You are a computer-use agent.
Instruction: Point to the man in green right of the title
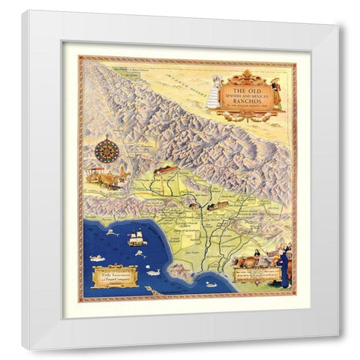tap(275, 90)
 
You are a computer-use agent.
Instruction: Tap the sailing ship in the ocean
tap(136, 238)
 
